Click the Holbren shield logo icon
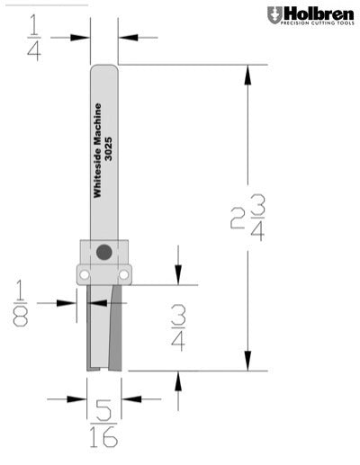coord(274,14)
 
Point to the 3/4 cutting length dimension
coord(179,328)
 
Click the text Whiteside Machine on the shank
coord(98,150)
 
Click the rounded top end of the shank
coord(104,68)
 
